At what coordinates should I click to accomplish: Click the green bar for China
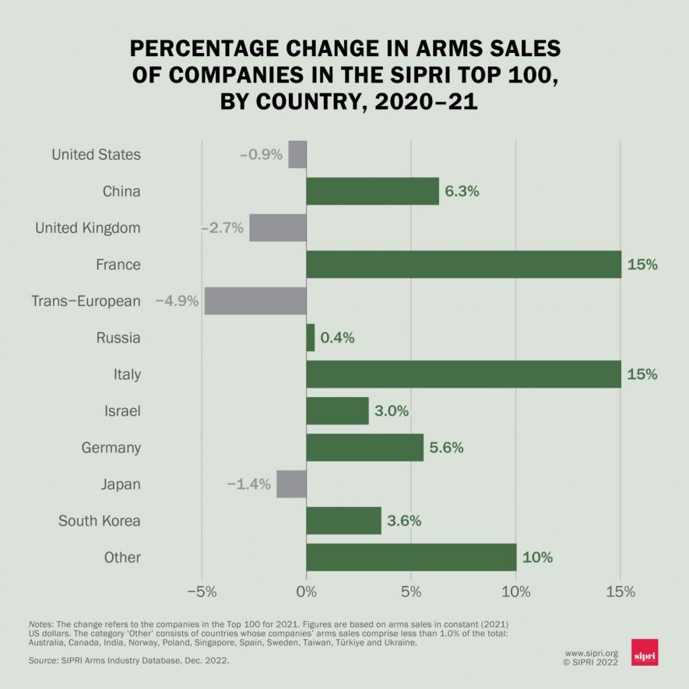tap(372, 191)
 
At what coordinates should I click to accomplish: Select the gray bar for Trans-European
tap(255, 301)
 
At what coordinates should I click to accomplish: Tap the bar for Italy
tap(463, 374)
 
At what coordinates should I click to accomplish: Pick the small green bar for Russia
tap(311, 338)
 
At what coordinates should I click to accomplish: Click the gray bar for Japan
tap(291, 484)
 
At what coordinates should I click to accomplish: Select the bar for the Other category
tap(411, 557)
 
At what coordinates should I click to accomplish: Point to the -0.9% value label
tap(261, 154)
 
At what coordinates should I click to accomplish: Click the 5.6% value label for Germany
tap(446, 448)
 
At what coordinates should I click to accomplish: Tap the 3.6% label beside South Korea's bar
tap(404, 521)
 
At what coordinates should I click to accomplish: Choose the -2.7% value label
tap(223, 228)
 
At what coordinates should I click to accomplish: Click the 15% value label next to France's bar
tap(642, 265)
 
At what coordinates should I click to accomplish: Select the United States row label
tap(96, 154)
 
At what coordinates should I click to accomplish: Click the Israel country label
tap(122, 411)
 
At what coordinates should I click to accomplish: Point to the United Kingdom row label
tap(88, 228)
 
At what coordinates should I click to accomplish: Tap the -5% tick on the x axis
tap(202, 591)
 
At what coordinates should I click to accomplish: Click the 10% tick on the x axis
tap(516, 591)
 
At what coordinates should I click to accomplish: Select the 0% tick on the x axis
tap(307, 591)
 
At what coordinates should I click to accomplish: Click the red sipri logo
tap(645, 652)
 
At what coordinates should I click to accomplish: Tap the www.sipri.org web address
tap(591, 653)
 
